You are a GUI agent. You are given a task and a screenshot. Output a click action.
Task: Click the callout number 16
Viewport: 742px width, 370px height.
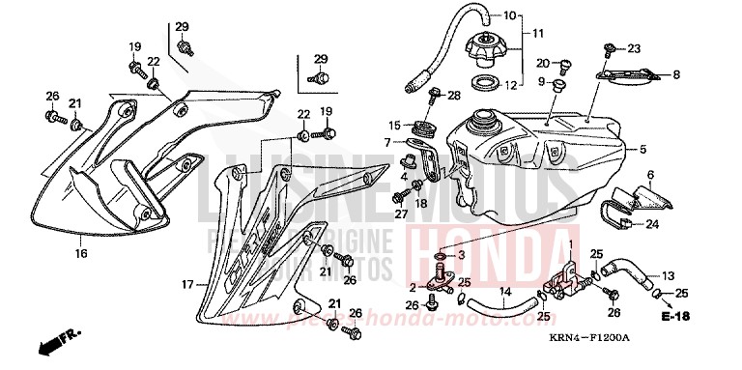pos(81,254)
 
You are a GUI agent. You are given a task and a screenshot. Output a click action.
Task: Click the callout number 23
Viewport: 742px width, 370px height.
pos(633,47)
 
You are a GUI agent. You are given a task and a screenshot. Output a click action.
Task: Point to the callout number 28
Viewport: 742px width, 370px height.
pos(454,95)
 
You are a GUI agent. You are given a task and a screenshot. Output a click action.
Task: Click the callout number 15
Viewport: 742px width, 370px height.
pos(394,126)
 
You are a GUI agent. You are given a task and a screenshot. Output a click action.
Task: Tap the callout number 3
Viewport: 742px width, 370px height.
pos(461,254)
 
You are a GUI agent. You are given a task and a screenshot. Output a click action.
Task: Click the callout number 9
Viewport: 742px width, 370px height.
pos(542,81)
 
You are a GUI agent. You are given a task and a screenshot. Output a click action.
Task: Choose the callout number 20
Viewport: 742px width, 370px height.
pos(542,63)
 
